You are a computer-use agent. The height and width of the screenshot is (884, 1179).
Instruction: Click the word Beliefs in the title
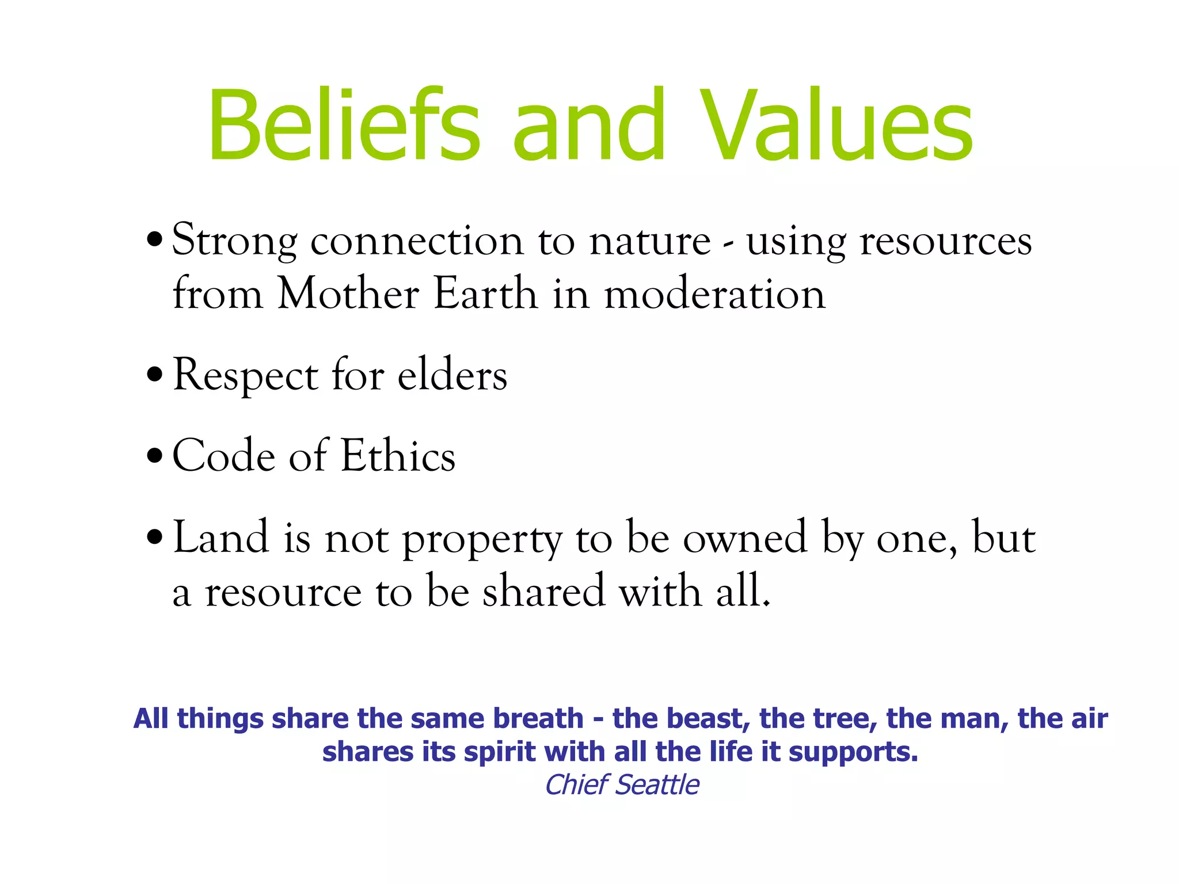[x=344, y=125]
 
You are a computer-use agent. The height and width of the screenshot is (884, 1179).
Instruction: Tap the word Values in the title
[x=838, y=125]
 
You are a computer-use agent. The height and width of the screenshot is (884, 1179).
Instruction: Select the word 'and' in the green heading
[x=589, y=125]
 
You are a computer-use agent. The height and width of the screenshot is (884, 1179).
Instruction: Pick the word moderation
[x=714, y=294]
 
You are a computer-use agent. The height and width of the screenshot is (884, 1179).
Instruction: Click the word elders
[x=452, y=375]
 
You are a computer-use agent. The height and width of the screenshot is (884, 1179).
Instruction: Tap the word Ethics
[x=398, y=456]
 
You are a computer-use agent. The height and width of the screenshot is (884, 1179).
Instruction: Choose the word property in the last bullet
[x=482, y=540]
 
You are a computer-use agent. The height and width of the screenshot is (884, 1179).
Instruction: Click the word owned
[x=745, y=538]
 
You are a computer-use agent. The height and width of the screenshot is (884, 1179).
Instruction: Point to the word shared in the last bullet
[x=543, y=591]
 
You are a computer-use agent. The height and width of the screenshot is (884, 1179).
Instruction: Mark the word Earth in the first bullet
[x=485, y=294]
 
